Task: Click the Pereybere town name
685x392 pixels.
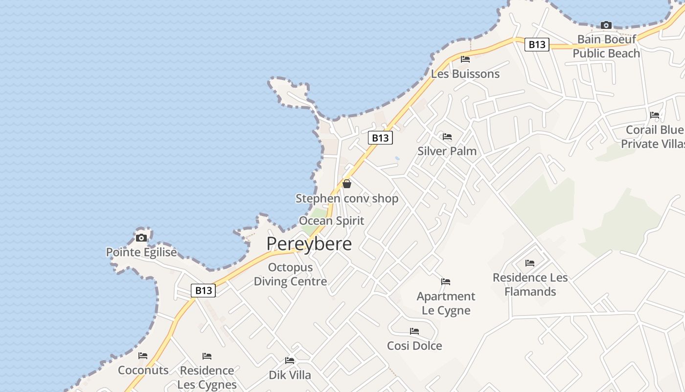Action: coord(309,244)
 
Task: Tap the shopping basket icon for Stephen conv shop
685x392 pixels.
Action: coord(347,184)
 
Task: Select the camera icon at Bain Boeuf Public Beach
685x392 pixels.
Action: coord(606,25)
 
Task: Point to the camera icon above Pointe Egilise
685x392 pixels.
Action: coord(141,238)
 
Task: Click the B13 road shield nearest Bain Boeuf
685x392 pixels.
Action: coord(537,45)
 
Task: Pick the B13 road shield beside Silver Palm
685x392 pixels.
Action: coord(380,138)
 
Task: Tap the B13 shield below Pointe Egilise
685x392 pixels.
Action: coord(203,291)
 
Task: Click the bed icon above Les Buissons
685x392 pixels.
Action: coord(465,59)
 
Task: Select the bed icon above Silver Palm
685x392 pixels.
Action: coord(447,136)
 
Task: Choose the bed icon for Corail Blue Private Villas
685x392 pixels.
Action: coord(655,115)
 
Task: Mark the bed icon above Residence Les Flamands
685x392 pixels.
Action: coord(530,263)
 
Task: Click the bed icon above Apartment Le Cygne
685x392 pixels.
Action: coord(446,282)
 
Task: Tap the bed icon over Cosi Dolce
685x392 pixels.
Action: coord(414,331)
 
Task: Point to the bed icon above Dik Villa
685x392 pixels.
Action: coord(290,361)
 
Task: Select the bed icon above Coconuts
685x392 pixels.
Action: coord(143,356)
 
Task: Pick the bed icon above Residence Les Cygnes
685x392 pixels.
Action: coord(207,356)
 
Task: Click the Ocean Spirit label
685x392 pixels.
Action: coord(332,220)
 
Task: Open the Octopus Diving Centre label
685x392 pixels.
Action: coord(290,274)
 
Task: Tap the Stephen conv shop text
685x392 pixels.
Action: coord(347,198)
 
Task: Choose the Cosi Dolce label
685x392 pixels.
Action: coord(414,345)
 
